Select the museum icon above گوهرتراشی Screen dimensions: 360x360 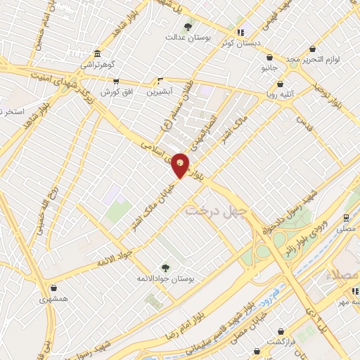tap(96, 54)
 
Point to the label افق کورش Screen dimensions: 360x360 tap(117, 92)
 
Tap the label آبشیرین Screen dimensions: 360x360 tap(161, 91)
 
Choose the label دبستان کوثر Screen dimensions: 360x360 tap(241, 43)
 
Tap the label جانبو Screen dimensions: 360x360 tap(270, 68)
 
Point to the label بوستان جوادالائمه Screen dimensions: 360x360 tap(165, 279)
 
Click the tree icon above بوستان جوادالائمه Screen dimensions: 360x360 tap(165, 267)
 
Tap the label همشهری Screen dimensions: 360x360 tap(54, 298)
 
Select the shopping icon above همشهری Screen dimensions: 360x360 tap(54, 287)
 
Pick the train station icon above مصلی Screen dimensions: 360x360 tap(345, 218)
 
